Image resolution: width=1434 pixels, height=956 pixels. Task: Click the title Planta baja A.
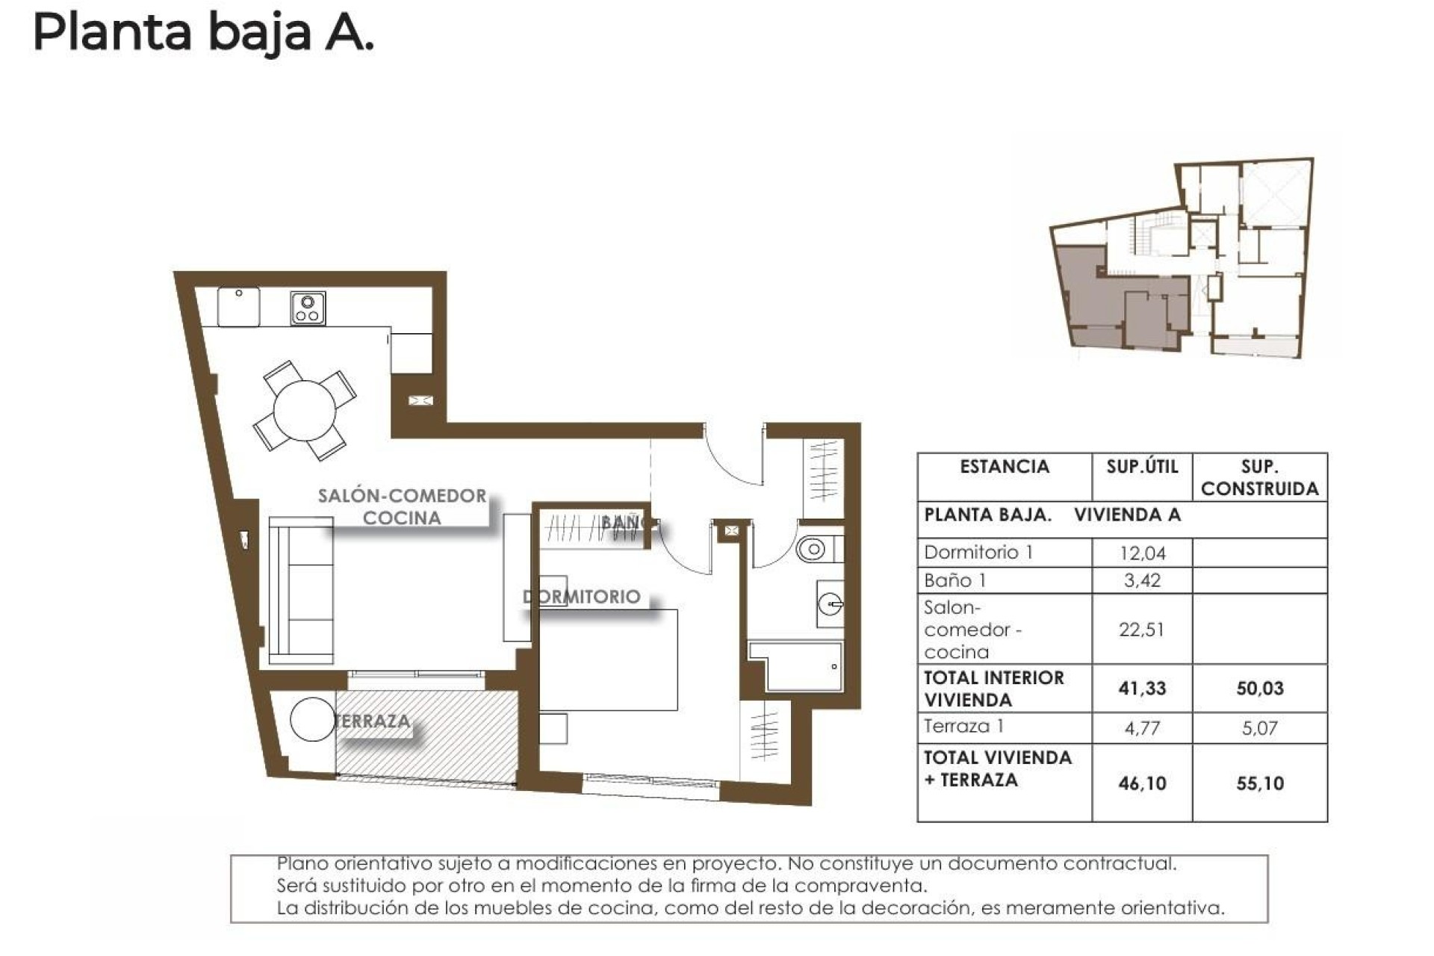202,34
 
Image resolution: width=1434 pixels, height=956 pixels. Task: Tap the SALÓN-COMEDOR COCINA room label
402,506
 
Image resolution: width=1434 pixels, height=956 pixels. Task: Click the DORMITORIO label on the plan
582,596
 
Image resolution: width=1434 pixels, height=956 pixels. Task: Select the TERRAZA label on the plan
373,721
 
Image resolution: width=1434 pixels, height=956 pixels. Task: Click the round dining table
304,411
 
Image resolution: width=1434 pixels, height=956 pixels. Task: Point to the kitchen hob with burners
307,308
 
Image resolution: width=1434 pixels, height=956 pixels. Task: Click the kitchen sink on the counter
238,306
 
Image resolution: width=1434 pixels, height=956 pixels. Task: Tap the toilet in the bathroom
813,550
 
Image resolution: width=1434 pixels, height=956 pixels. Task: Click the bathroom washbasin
831,603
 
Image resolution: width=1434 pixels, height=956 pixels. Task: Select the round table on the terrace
312,719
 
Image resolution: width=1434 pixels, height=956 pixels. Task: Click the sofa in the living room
300,590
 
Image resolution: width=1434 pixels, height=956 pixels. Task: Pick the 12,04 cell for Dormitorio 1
1142,553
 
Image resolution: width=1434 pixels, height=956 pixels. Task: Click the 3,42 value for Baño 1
1142,580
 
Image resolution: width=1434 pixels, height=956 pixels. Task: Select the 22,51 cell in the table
1141,630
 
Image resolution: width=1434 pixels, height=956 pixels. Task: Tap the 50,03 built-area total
1259,688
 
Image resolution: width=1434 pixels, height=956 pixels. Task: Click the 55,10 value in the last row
1259,783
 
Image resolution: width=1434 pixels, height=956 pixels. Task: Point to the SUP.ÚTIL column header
1142,468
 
